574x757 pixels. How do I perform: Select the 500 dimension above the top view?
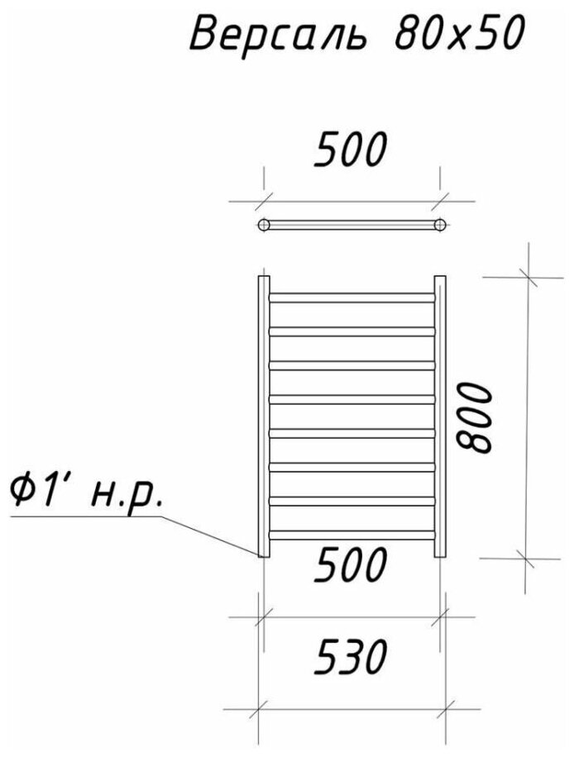point(351,152)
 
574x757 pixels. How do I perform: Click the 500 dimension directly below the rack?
point(351,566)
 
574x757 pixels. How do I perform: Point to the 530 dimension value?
point(351,659)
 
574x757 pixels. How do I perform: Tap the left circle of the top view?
point(264,224)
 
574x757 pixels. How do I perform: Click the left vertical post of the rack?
point(263,417)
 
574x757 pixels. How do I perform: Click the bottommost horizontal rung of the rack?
point(352,535)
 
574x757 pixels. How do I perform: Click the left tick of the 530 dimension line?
point(261,707)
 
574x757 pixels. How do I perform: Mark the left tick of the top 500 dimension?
point(263,200)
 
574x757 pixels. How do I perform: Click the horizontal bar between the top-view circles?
point(352,224)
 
